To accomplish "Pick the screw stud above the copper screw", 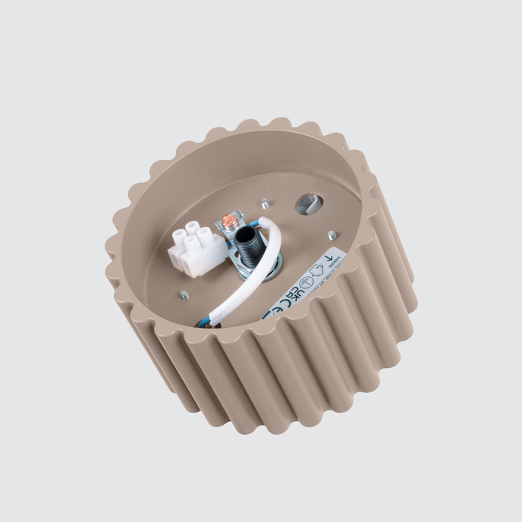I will [265, 203].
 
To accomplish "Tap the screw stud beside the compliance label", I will [332, 235].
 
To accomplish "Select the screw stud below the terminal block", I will [184, 294].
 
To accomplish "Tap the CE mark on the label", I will [278, 303].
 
